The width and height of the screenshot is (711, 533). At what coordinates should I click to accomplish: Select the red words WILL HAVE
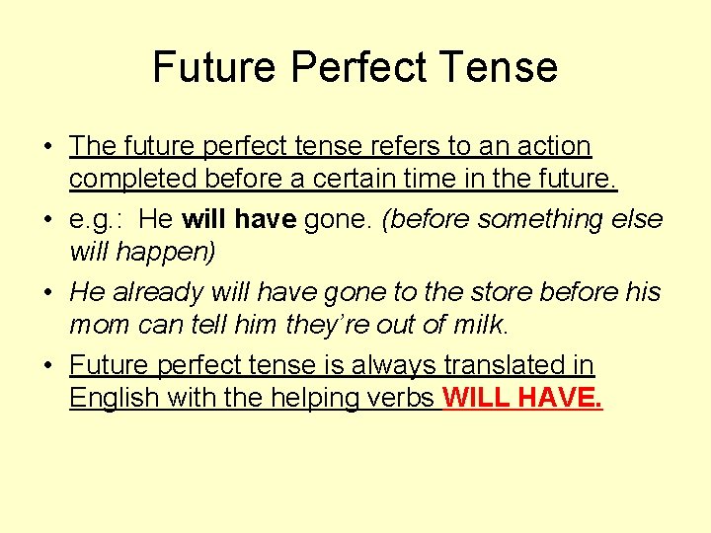pyautogui.click(x=523, y=400)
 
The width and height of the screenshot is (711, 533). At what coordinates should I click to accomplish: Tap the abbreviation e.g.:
pyautogui.click(x=96, y=219)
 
